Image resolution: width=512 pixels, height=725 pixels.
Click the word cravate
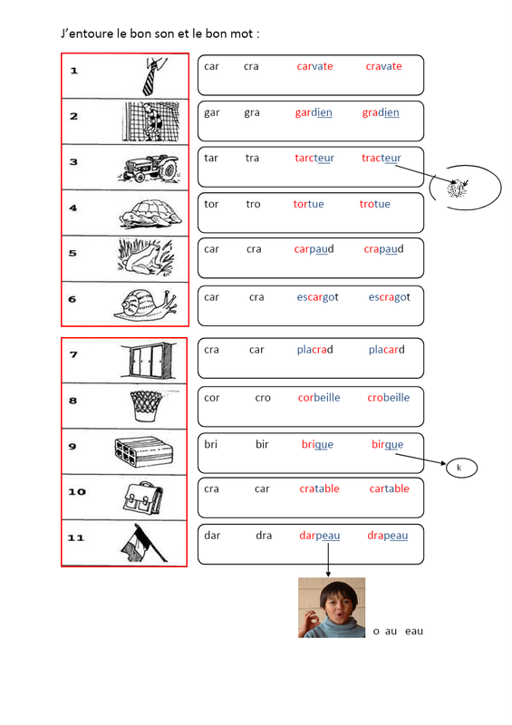(x=383, y=66)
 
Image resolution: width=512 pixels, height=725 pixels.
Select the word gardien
(x=314, y=112)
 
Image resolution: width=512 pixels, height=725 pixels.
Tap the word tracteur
(x=382, y=158)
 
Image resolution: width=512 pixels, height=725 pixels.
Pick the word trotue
(x=374, y=204)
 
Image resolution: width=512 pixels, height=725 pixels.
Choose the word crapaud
(x=383, y=249)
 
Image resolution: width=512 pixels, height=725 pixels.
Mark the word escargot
(x=317, y=297)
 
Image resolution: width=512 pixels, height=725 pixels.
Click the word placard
(x=386, y=350)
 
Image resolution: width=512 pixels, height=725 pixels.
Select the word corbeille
(x=319, y=398)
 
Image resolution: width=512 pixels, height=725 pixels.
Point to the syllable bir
(x=262, y=444)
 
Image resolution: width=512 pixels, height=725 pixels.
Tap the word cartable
(x=389, y=488)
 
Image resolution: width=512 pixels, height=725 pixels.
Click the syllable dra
(x=264, y=536)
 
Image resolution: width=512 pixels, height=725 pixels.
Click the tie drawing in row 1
(x=153, y=76)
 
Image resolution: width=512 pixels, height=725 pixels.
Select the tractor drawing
(x=149, y=169)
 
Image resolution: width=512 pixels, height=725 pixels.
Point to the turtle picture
(x=150, y=214)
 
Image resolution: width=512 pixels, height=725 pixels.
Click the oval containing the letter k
(x=461, y=468)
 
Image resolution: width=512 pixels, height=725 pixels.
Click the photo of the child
(x=332, y=607)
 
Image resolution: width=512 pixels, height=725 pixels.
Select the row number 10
(x=77, y=492)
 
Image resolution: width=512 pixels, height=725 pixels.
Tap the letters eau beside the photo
(x=414, y=632)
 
